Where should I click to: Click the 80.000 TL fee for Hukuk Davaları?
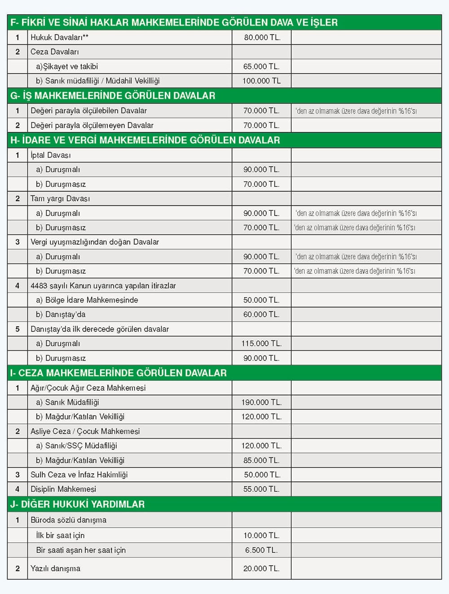(x=262, y=37)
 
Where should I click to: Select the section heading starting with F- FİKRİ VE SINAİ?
(x=174, y=22)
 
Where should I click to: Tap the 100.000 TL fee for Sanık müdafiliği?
(x=261, y=81)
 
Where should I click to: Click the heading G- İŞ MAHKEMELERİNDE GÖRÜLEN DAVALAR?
(x=113, y=96)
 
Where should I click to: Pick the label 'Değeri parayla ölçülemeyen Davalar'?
(x=92, y=125)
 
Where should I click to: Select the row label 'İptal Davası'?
(x=51, y=155)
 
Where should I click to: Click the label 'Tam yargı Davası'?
(x=60, y=198)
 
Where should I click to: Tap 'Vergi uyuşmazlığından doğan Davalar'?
(x=95, y=242)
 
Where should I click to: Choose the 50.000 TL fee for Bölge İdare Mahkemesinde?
(x=261, y=300)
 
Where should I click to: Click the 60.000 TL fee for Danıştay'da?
(x=261, y=314)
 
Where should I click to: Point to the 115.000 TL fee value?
(x=261, y=343)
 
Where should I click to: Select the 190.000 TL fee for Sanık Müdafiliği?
(x=261, y=402)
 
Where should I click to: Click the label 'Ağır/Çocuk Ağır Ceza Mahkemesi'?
(x=88, y=388)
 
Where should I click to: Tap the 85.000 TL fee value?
(x=261, y=460)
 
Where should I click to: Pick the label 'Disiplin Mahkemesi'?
(x=63, y=489)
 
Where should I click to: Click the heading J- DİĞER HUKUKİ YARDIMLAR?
(x=77, y=504)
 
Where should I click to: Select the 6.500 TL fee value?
(x=261, y=550)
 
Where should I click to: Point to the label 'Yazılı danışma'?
(x=55, y=568)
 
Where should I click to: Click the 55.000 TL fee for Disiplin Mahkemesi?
(x=261, y=489)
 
